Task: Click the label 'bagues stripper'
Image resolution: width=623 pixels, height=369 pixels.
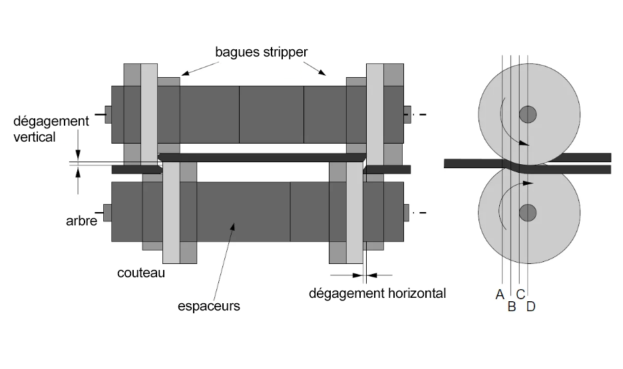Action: (262, 51)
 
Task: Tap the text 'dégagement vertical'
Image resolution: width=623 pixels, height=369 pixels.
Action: (51, 129)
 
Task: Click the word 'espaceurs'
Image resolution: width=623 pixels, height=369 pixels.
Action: (208, 307)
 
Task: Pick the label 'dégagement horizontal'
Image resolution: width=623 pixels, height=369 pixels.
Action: (377, 293)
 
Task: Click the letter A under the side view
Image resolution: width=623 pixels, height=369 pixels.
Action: (500, 295)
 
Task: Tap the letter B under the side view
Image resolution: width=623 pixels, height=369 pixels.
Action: (511, 307)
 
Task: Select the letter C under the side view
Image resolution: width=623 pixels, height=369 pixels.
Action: (520, 294)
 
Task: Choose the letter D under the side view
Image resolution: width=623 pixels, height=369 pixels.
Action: (530, 307)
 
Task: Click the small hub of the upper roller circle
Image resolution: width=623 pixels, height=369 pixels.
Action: (528, 114)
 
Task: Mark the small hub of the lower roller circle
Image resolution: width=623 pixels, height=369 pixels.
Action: (528, 213)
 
